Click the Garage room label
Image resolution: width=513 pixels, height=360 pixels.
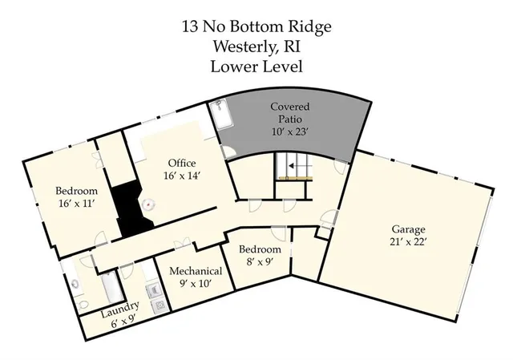(x=409, y=229)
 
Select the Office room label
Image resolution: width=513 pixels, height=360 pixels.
(x=181, y=164)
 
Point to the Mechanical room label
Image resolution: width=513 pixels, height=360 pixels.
(x=196, y=271)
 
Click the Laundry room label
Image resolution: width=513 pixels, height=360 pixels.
(x=120, y=306)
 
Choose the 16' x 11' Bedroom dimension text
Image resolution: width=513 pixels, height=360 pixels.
(x=76, y=204)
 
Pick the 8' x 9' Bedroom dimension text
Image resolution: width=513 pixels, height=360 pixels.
(x=261, y=261)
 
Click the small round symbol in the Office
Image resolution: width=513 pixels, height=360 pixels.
(x=147, y=204)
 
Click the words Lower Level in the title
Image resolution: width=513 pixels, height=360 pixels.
(x=256, y=66)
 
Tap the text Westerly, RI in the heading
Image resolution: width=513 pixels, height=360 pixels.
(x=256, y=47)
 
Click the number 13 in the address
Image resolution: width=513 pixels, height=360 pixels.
(x=191, y=26)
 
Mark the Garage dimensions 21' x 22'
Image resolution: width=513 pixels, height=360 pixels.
(x=409, y=241)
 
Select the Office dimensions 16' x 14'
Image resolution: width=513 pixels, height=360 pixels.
(x=181, y=176)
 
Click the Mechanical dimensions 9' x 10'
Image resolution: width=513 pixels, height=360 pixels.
(x=196, y=283)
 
